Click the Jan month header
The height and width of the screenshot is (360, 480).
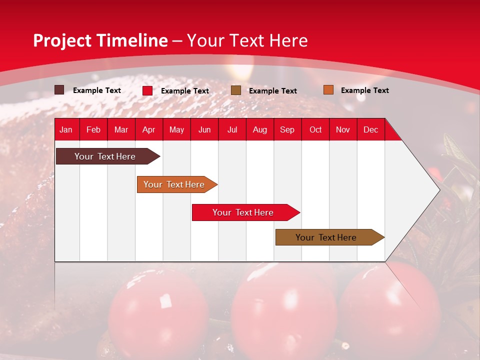click(66, 129)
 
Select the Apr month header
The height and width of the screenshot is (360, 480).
click(149, 129)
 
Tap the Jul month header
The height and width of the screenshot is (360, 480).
click(232, 129)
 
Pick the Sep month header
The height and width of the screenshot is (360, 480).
click(287, 129)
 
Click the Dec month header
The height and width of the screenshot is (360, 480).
click(370, 129)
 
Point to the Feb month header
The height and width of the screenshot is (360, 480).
click(93, 129)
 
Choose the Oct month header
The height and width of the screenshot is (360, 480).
click(315, 129)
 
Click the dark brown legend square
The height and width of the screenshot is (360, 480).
click(59, 90)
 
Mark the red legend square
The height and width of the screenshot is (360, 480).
click(147, 90)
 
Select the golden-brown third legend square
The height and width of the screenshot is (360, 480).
click(236, 90)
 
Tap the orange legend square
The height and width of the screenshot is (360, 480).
click(328, 90)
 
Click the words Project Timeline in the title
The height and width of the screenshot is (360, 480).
click(100, 40)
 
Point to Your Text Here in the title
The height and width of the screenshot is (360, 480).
click(247, 40)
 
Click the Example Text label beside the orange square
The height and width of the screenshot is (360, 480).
click(364, 90)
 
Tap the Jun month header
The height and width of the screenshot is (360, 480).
click(204, 129)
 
